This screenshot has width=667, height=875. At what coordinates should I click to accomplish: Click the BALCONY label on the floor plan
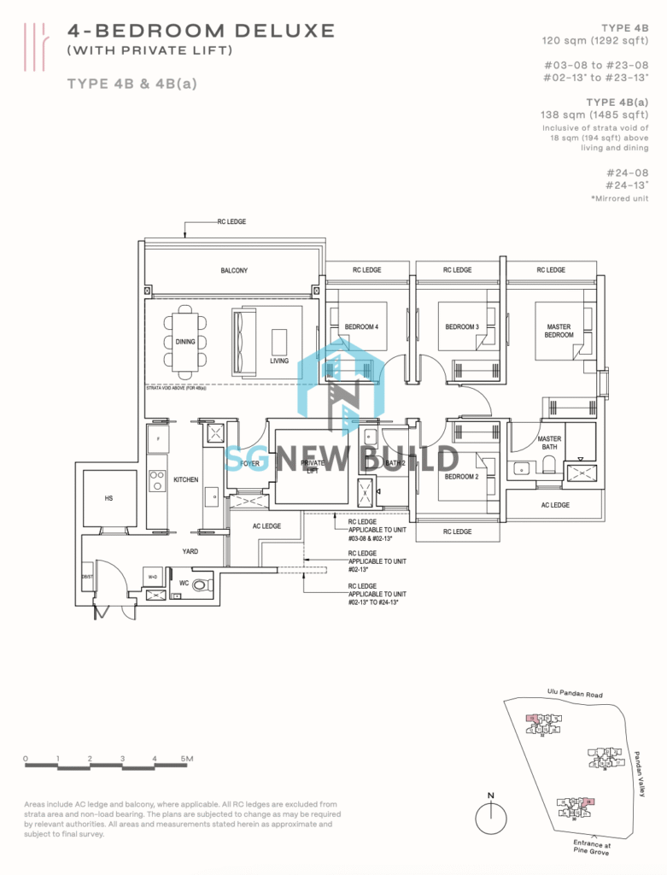click(x=234, y=271)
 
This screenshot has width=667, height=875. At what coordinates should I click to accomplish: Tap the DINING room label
click(x=185, y=342)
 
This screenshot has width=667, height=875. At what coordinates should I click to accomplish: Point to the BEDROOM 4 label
click(x=361, y=327)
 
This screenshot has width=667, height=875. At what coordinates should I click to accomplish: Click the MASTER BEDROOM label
click(x=559, y=331)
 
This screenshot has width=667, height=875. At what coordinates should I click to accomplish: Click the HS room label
click(x=108, y=497)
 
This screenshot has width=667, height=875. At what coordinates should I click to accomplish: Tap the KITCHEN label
click(x=186, y=480)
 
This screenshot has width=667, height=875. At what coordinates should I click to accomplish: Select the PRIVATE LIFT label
click(x=313, y=467)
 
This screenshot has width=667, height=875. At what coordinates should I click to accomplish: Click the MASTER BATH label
click(x=549, y=443)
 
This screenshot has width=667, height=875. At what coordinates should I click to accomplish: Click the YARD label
click(x=190, y=551)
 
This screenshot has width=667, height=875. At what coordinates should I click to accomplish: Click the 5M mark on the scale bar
click(x=188, y=759)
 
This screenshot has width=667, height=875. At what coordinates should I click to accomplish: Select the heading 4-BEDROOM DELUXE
click(x=201, y=31)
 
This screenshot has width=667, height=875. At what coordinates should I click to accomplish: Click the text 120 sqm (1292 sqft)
click(x=594, y=40)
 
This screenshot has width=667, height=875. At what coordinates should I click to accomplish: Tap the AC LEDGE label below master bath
click(x=555, y=505)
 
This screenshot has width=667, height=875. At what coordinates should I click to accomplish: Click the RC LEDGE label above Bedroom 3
click(x=457, y=270)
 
